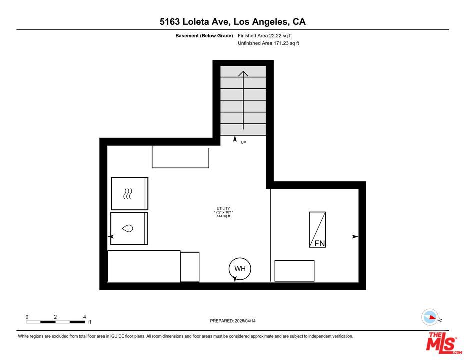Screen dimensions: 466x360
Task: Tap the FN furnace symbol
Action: tap(317, 229)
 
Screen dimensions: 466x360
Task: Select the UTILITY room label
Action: tap(223, 208)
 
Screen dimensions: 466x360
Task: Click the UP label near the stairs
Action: tap(243, 142)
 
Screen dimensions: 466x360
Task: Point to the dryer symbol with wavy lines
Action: tap(129, 194)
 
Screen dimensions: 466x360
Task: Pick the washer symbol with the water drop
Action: tap(129, 228)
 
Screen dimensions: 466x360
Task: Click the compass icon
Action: tap(430, 317)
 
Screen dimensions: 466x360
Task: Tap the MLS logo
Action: tap(444, 343)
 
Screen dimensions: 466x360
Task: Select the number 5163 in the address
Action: tap(169, 22)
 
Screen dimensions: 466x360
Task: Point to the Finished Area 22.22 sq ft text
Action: tap(265, 36)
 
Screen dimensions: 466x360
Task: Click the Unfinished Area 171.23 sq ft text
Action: tap(268, 43)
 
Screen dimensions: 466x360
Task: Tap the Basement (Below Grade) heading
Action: tap(204, 36)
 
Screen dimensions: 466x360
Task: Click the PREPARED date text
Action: tap(233, 321)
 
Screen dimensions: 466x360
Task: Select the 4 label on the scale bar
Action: tap(84, 317)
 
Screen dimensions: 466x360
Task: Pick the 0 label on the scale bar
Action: tap(27, 317)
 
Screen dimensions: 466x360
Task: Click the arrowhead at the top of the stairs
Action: tap(243, 73)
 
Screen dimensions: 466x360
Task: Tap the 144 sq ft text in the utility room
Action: tap(223, 216)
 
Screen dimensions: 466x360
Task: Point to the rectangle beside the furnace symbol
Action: tap(294, 271)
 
